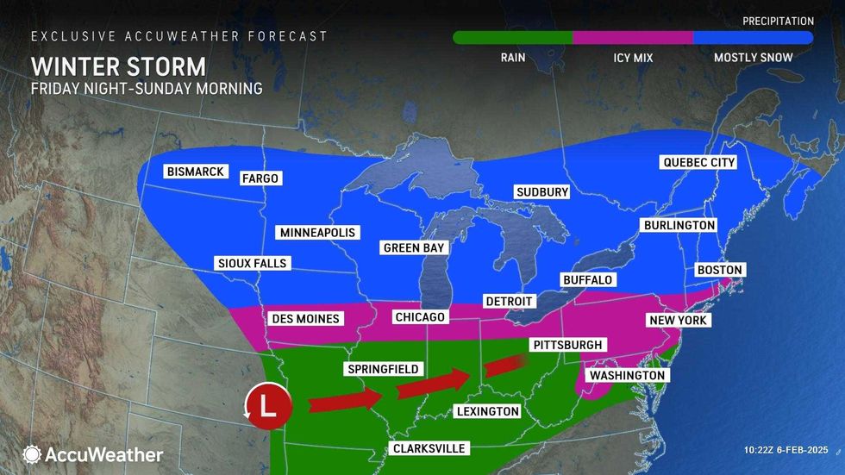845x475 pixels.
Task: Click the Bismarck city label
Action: click(x=195, y=172)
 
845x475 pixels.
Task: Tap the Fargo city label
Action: click(x=260, y=178)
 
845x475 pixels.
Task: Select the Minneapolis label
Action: click(x=316, y=233)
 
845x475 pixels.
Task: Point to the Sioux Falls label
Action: click(x=251, y=263)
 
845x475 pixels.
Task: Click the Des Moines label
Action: click(x=306, y=318)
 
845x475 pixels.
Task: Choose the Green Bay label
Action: click(x=415, y=247)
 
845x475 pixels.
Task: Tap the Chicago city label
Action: click(x=419, y=317)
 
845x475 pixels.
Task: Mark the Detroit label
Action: click(x=510, y=301)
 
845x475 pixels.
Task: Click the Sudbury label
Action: click(x=541, y=191)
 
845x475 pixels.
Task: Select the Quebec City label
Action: click(x=698, y=162)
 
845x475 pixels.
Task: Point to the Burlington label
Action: click(x=679, y=225)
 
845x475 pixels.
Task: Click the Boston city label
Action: click(x=719, y=270)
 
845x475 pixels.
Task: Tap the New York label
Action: click(x=677, y=320)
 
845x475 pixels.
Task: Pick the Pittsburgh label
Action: click(x=566, y=345)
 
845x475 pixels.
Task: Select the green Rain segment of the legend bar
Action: click(x=513, y=38)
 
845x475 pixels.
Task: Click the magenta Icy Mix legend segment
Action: click(x=633, y=38)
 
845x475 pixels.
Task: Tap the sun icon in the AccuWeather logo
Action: click(x=32, y=454)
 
